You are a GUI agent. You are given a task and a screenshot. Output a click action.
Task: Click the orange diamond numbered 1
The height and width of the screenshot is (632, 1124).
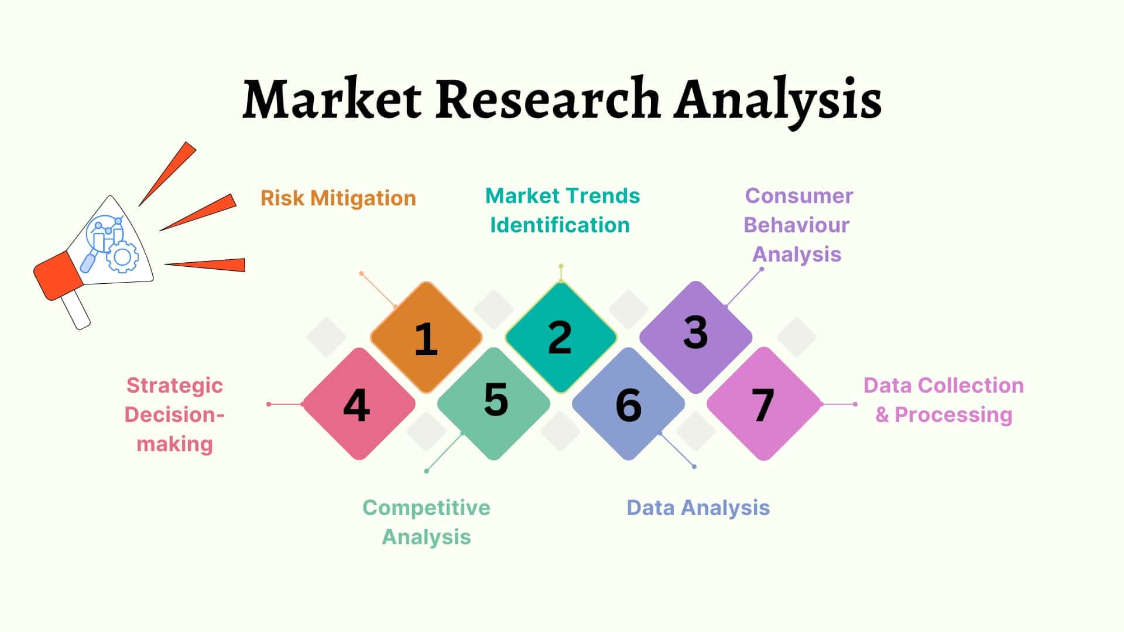(x=426, y=338)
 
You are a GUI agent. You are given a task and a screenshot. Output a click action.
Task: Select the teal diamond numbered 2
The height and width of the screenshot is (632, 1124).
(x=561, y=337)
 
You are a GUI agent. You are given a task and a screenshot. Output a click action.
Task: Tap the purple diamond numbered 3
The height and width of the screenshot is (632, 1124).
(x=695, y=337)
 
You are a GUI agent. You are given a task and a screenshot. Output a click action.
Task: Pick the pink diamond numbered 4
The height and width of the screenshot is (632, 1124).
(x=359, y=404)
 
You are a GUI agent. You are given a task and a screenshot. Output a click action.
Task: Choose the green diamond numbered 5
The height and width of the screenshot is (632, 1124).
(x=494, y=404)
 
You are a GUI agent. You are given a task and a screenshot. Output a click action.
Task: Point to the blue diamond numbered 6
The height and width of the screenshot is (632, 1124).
(x=628, y=404)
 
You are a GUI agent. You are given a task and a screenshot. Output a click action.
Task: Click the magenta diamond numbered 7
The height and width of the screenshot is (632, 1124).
(x=764, y=404)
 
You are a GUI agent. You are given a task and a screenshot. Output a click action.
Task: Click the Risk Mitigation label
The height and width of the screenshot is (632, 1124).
(x=338, y=198)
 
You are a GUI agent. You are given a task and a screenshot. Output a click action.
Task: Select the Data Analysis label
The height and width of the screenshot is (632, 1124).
(x=698, y=508)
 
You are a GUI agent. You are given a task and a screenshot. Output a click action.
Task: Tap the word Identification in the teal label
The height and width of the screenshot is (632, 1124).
(x=560, y=225)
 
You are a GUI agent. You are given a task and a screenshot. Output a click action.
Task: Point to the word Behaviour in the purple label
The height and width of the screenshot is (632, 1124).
(x=796, y=225)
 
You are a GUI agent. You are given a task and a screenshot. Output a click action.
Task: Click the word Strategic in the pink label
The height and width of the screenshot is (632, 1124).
(x=174, y=386)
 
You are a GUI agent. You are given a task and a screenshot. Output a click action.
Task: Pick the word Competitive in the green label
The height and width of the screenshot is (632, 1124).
(x=426, y=508)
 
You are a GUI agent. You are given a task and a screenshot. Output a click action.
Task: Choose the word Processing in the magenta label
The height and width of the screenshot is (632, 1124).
(x=954, y=415)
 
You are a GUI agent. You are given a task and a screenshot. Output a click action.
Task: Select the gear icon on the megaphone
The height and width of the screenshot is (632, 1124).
(x=122, y=256)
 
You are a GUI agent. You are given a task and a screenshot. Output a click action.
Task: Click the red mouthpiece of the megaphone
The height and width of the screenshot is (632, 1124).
(x=59, y=275)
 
